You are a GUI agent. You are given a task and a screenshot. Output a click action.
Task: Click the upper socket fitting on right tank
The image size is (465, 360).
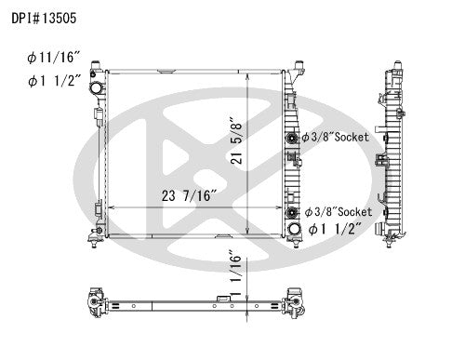(x=294, y=138)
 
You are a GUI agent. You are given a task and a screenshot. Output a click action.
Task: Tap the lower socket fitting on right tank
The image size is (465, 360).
(x=294, y=211)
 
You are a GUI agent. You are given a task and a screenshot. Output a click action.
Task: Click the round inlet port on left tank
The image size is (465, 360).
(x=94, y=87)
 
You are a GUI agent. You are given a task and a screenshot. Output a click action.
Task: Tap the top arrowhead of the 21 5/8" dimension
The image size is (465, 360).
(x=246, y=73)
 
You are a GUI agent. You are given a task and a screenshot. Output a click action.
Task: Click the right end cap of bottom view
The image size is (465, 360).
(x=296, y=303)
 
